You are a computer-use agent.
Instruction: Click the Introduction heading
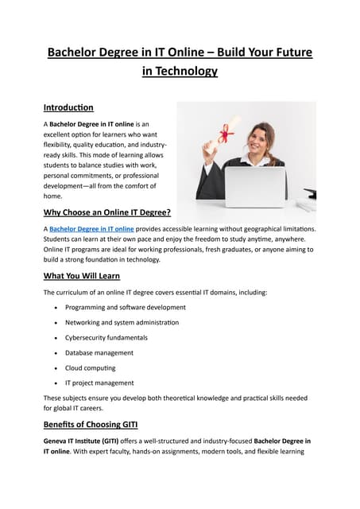point(68,107)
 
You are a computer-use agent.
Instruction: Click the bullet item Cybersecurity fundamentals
point(106,337)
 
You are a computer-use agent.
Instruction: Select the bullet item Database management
point(99,352)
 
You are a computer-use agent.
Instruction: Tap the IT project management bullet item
point(99,383)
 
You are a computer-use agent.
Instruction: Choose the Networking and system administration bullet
point(122,322)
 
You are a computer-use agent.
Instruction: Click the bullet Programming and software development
point(126,307)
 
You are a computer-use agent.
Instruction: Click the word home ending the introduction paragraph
point(52,196)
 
